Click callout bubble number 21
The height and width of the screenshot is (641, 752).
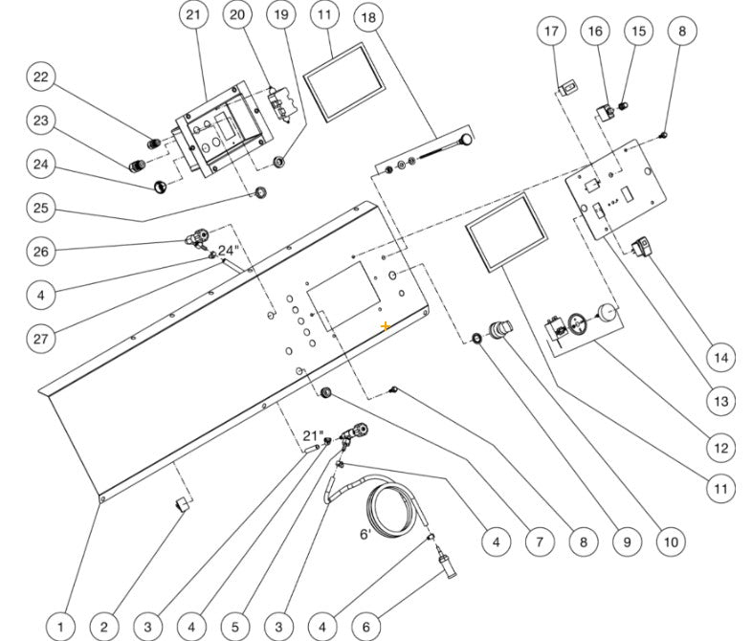194,15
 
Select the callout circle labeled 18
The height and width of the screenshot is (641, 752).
367,18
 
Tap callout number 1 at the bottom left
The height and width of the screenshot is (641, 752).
60,627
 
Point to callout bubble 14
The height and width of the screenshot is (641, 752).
721,358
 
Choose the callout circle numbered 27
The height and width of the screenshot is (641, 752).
40,340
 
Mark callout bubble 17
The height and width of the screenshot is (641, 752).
551,32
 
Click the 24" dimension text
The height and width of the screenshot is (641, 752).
228,251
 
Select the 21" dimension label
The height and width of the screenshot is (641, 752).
312,435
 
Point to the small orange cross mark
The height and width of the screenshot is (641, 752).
386,326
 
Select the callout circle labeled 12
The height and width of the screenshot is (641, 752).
721,447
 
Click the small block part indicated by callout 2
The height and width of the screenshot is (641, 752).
179,504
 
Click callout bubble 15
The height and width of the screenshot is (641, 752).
637,32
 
